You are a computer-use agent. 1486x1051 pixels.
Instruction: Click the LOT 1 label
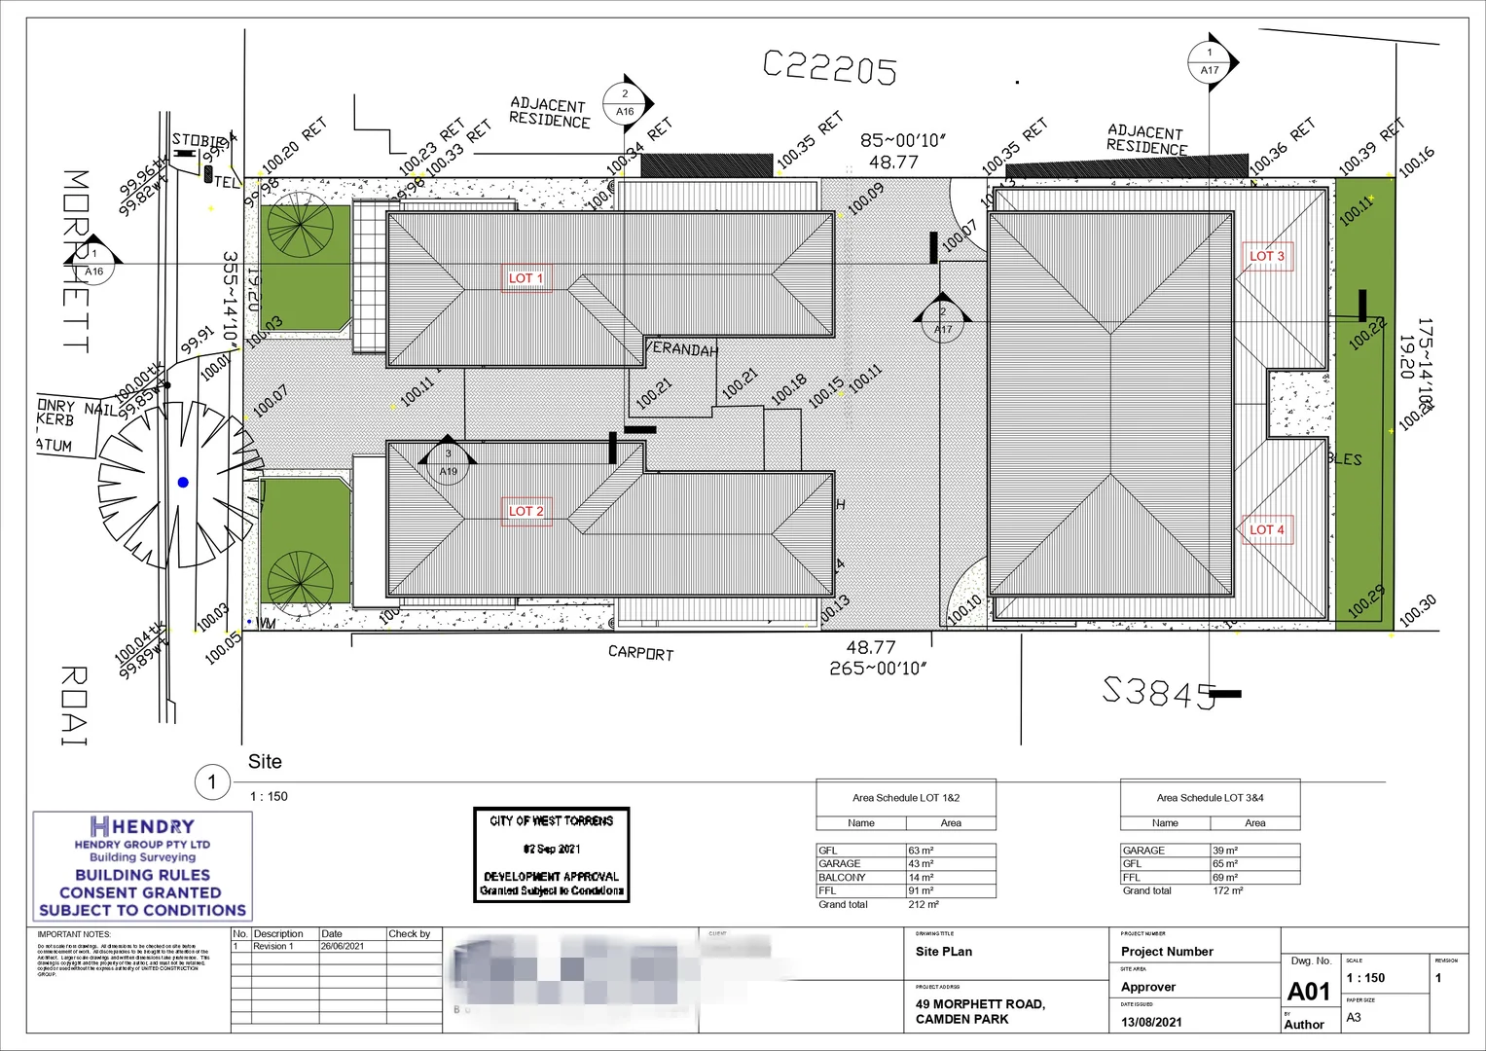pyautogui.click(x=526, y=278)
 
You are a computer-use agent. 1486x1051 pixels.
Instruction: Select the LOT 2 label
pyautogui.click(x=526, y=511)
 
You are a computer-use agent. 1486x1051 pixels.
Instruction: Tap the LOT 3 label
pyautogui.click(x=1267, y=256)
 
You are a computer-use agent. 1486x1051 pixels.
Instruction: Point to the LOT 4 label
pyautogui.click(x=1267, y=530)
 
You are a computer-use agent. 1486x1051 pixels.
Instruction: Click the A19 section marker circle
pyautogui.click(x=448, y=464)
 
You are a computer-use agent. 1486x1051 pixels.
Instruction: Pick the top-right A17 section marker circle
pyautogui.click(x=1210, y=61)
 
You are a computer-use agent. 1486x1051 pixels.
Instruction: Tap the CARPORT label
pyautogui.click(x=640, y=652)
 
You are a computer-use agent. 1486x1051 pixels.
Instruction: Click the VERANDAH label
pyautogui.click(x=681, y=349)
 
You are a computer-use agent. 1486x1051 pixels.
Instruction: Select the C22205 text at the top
pyautogui.click(x=830, y=67)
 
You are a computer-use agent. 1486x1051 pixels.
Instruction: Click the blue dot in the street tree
pyautogui.click(x=183, y=482)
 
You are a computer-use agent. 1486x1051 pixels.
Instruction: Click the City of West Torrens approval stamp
pyautogui.click(x=552, y=854)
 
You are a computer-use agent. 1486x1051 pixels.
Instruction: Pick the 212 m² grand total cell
pyautogui.click(x=923, y=904)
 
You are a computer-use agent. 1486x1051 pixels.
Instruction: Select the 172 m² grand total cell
pyautogui.click(x=1227, y=890)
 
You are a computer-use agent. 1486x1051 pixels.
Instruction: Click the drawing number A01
pyautogui.click(x=1308, y=991)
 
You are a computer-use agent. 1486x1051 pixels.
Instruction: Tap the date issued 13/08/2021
pyautogui.click(x=1151, y=1022)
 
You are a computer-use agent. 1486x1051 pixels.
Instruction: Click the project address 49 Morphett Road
pyautogui.click(x=979, y=1011)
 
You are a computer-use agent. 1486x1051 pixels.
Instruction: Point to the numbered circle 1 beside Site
pyautogui.click(x=212, y=781)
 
